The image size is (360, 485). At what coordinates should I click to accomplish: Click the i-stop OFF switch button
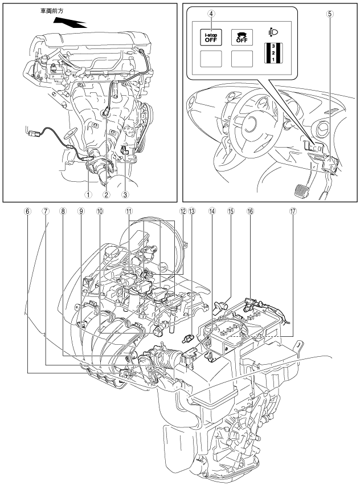211,38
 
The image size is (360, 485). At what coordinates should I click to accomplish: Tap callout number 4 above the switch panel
211,14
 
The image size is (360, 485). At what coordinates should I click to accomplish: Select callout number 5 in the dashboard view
330,14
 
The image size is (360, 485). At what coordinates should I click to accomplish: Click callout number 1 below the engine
89,194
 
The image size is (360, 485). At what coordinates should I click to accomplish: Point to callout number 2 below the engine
107,194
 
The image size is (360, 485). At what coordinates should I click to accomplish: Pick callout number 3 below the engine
125,194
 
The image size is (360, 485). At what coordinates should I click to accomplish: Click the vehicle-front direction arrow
69,22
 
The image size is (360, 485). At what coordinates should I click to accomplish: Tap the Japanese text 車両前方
52,11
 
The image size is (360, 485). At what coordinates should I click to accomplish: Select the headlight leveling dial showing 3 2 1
273,53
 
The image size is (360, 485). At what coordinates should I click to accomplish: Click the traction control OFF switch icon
242,38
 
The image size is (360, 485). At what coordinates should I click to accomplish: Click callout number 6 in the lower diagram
27,211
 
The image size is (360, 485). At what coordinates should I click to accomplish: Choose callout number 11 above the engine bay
129,211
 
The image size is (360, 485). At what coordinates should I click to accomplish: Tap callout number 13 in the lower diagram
192,211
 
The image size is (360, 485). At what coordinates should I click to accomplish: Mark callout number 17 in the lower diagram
293,211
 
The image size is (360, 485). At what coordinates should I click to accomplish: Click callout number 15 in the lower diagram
231,211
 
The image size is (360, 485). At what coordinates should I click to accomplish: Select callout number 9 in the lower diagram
81,211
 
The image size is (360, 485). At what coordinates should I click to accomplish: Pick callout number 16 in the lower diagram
250,211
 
